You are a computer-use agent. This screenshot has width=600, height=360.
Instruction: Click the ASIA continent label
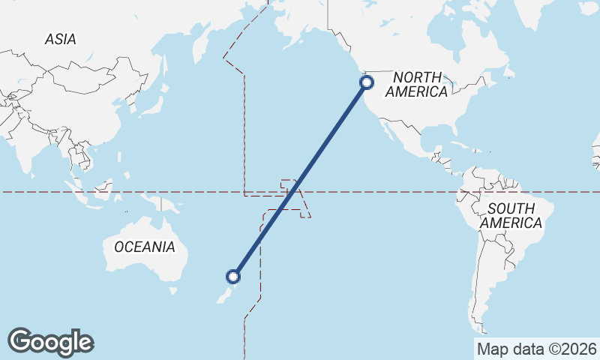[x=60, y=39]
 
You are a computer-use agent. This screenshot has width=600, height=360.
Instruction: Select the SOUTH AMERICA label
[x=511, y=215]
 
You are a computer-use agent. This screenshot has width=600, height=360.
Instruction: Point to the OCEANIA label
[x=145, y=247]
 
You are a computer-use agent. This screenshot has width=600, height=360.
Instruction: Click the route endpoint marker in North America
[x=367, y=82]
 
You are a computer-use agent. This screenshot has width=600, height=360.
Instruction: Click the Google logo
[x=50, y=342]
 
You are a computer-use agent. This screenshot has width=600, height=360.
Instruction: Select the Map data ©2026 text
[x=536, y=349]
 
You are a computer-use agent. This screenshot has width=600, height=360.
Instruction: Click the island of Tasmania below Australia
[x=174, y=290]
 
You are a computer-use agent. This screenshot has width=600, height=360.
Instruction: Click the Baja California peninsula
[x=385, y=130]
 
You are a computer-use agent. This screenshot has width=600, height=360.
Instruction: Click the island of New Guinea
[x=166, y=203]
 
